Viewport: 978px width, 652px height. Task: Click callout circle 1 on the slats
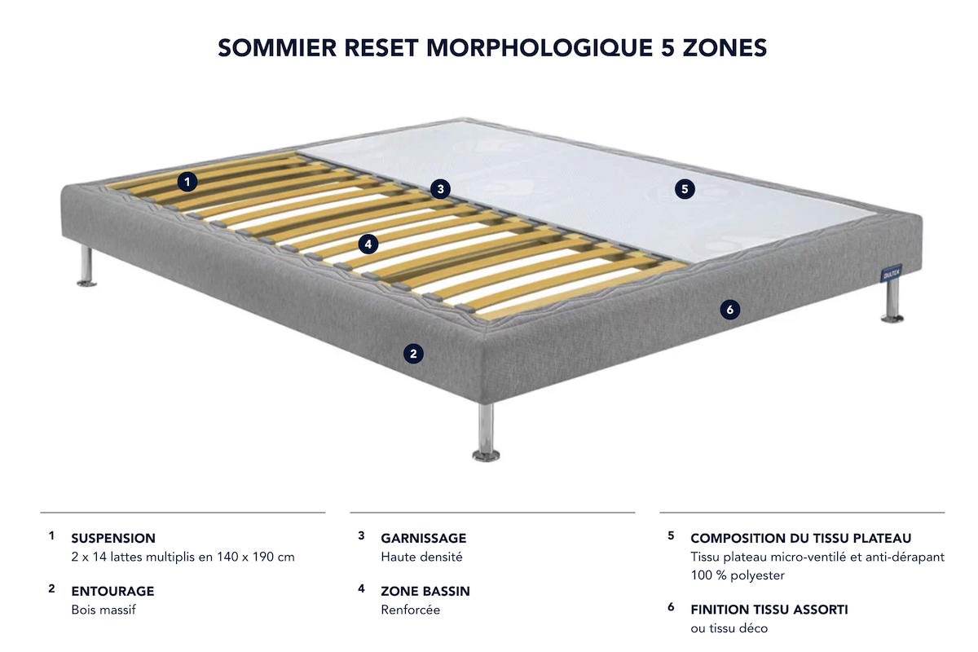[188, 182]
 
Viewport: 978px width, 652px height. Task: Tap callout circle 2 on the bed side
[413, 353]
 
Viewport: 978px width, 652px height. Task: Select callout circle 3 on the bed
[440, 189]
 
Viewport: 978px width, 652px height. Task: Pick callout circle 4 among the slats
[368, 243]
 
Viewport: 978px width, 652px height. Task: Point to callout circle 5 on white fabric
[685, 189]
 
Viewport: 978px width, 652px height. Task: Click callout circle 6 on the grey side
[729, 310]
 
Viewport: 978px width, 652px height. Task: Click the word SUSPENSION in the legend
[113, 538]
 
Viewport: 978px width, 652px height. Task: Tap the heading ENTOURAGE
[112, 591]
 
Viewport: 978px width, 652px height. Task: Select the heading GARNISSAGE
[424, 538]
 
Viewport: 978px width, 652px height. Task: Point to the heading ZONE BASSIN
[425, 591]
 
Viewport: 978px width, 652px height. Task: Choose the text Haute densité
[421, 557]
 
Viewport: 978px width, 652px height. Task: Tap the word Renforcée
[411, 610]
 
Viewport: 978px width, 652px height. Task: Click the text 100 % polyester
[738, 575]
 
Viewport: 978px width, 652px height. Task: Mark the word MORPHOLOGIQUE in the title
[539, 48]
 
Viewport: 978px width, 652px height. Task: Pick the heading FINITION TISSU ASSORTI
[769, 609]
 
